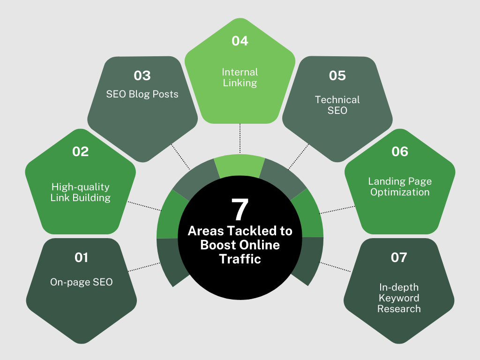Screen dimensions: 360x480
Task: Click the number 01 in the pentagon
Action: (81, 257)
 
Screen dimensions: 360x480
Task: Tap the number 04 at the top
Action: (240, 41)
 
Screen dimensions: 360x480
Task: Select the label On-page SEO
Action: (81, 282)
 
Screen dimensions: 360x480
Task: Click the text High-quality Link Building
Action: (81, 192)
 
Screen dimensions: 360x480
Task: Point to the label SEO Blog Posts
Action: (142, 94)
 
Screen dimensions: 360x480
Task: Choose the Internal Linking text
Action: (240, 77)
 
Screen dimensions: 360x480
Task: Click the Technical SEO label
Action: (337, 105)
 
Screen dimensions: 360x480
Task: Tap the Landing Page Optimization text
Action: (399, 187)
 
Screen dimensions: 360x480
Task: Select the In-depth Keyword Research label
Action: (399, 298)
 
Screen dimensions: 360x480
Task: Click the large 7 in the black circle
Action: (240, 210)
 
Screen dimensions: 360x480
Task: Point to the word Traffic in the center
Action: (240, 258)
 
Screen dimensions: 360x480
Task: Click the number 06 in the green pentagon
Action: (399, 151)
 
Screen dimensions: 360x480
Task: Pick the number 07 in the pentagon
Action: (399, 257)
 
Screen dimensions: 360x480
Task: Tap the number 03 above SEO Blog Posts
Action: (142, 75)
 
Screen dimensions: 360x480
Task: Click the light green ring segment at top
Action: (240, 166)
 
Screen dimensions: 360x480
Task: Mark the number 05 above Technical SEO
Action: (337, 75)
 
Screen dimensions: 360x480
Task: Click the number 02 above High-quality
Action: (81, 151)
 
